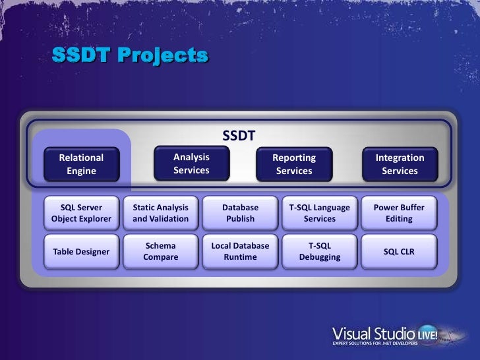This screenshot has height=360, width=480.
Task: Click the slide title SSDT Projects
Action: click(x=130, y=55)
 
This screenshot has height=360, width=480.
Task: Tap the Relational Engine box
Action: click(x=82, y=164)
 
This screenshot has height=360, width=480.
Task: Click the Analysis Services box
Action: click(x=191, y=164)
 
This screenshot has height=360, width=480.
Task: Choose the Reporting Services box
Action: click(x=294, y=164)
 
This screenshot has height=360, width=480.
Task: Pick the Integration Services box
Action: click(x=400, y=164)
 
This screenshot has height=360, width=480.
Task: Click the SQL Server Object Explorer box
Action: click(x=82, y=213)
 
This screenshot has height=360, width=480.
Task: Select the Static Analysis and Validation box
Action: click(x=161, y=213)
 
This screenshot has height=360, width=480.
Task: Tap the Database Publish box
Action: click(x=240, y=213)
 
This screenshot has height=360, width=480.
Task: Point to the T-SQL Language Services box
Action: click(x=320, y=213)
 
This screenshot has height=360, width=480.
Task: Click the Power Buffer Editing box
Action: click(x=399, y=213)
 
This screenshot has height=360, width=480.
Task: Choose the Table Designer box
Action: click(x=82, y=251)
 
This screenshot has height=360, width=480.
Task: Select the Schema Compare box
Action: click(x=161, y=251)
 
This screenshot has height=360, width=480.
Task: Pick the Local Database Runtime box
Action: click(x=240, y=251)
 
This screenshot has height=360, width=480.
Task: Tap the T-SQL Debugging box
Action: click(x=320, y=251)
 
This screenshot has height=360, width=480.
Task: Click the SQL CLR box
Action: click(x=399, y=251)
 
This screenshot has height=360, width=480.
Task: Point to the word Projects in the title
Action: click(x=162, y=55)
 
